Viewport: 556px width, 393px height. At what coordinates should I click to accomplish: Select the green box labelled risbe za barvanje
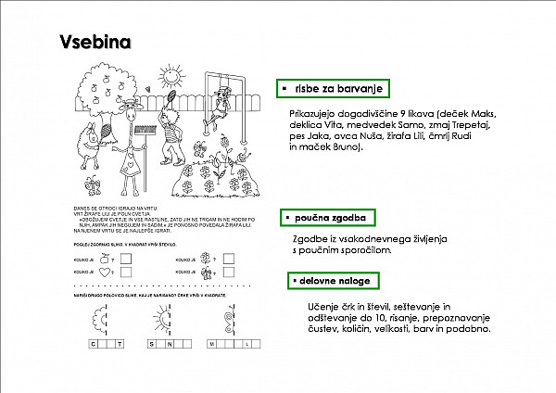(x=331, y=88)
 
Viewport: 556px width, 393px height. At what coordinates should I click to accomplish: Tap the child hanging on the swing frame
(x=219, y=102)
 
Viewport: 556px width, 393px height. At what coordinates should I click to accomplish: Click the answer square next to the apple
(x=126, y=259)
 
